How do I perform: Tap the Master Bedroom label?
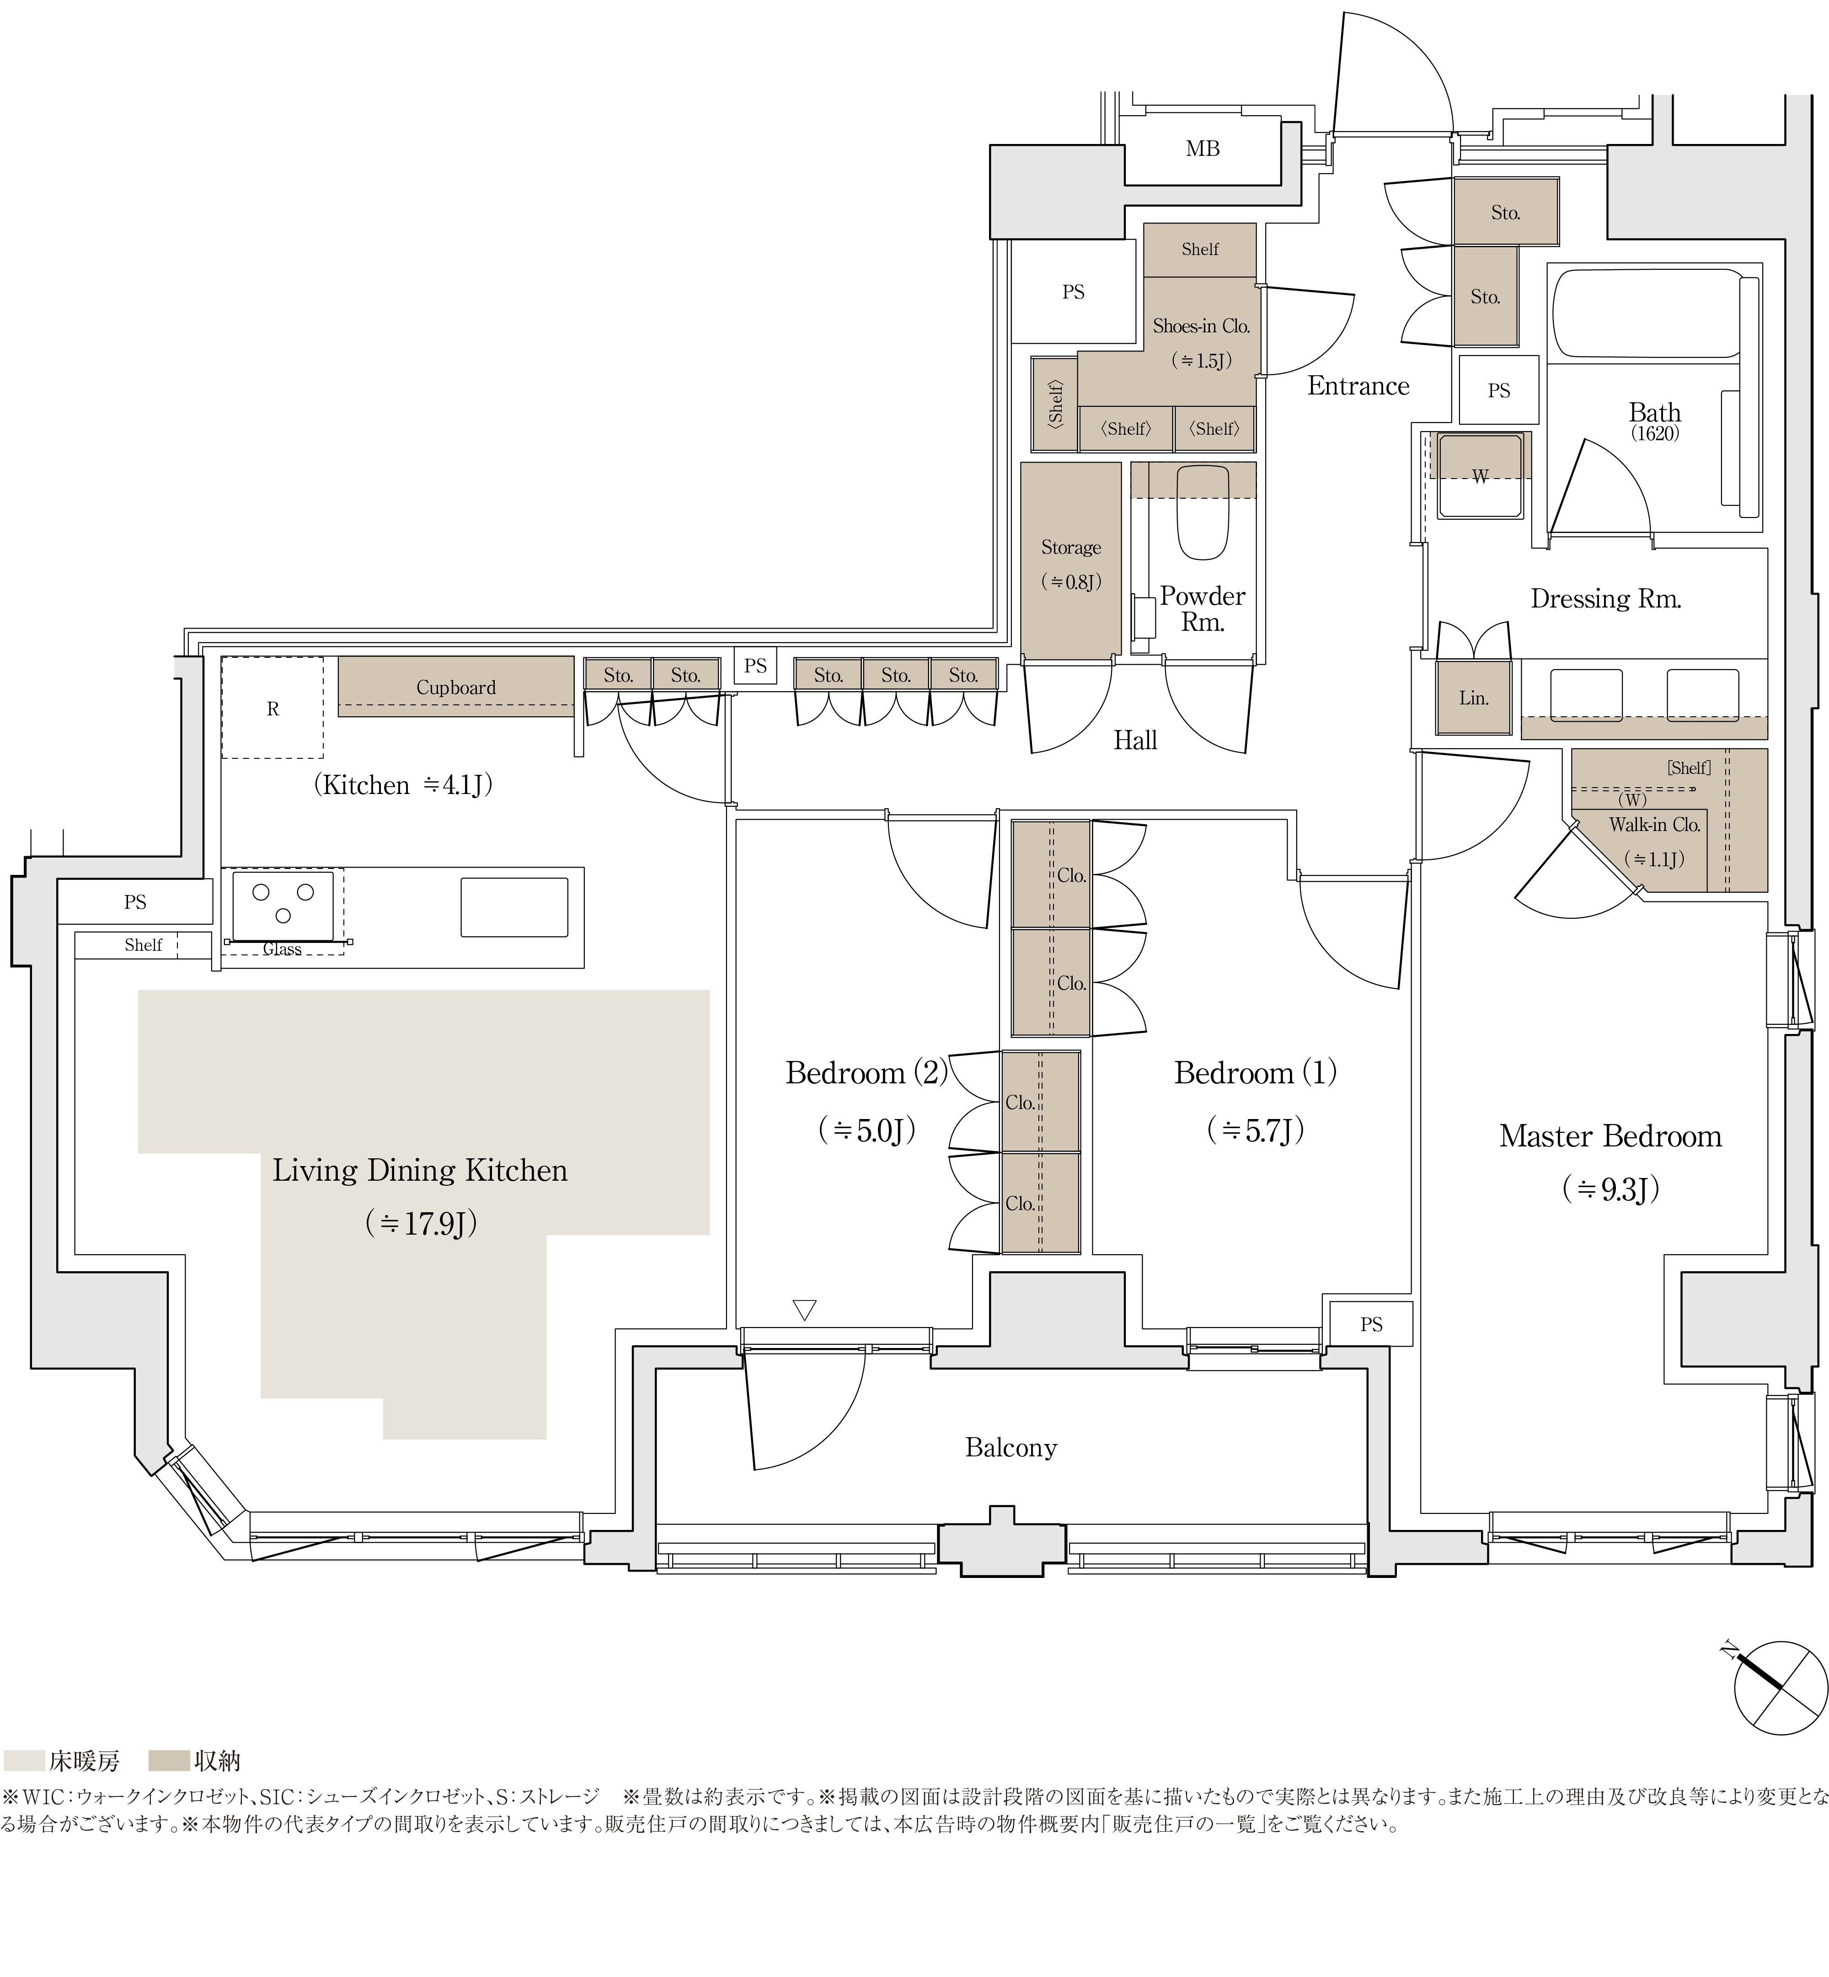coord(1610,1136)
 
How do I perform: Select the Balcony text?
coord(1011,1448)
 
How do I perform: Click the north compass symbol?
coord(1780,1687)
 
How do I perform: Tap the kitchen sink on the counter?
coord(513,906)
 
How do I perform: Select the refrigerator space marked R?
coord(272,708)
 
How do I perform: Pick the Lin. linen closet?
coord(1474,698)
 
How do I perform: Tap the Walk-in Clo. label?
coord(1654,824)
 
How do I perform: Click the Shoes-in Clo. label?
coord(1201,325)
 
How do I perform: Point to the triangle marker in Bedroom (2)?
coord(805,1309)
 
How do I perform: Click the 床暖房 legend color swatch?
coord(24,1760)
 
